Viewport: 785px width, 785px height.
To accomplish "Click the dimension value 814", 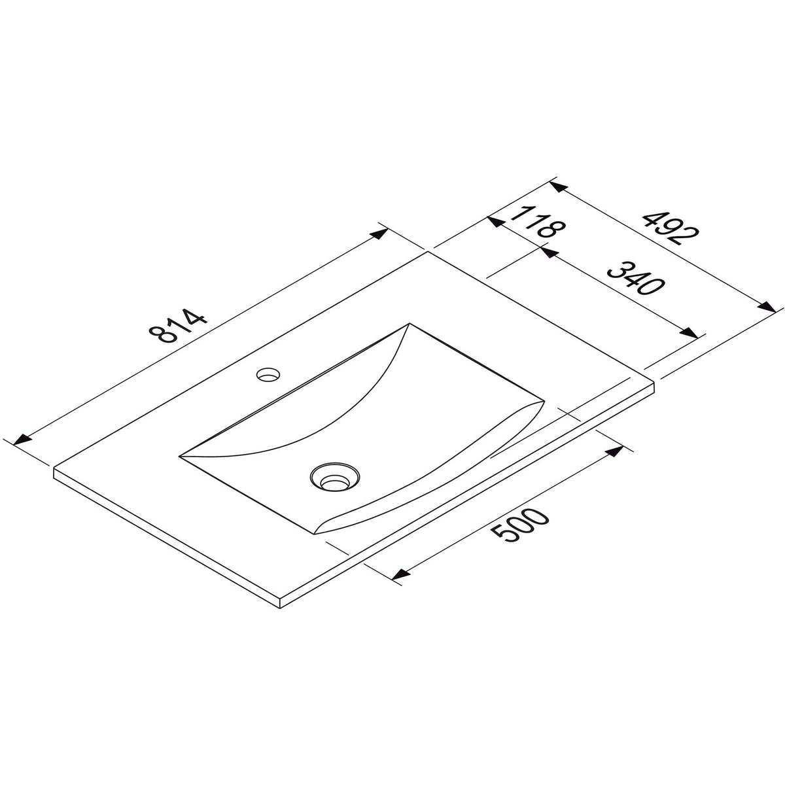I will pyautogui.click(x=178, y=328).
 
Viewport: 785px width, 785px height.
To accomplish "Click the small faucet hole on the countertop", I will pyautogui.click(x=268, y=375).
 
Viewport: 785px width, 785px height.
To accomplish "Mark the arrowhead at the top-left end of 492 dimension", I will pyautogui.click(x=558, y=187).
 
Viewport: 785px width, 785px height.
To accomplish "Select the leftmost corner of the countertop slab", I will pyautogui.click(x=54, y=468).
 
